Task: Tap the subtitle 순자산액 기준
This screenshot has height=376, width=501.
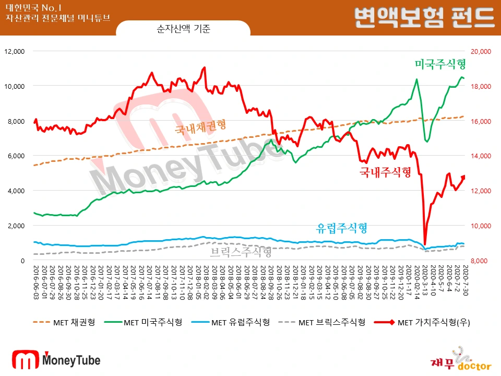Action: point(183,29)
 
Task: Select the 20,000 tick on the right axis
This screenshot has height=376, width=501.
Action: point(482,51)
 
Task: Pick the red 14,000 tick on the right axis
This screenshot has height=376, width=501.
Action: point(482,156)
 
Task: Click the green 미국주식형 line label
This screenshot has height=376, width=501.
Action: point(439,65)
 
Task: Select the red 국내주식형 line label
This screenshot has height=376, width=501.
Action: point(385,172)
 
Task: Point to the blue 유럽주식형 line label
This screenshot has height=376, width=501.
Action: point(342,228)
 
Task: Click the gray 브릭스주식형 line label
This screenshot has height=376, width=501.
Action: point(241,253)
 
